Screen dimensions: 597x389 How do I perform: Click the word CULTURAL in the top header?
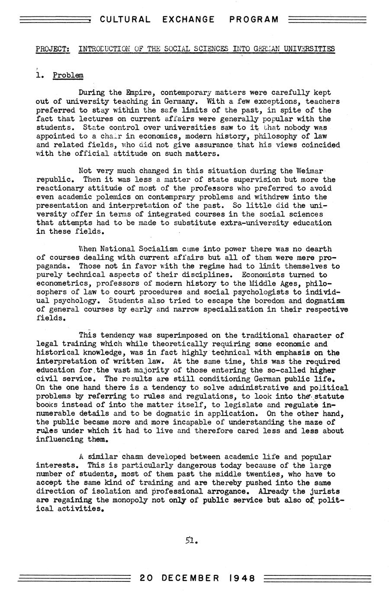click(125, 19)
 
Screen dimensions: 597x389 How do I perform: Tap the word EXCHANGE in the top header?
click(189, 19)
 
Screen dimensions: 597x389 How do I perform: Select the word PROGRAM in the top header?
click(254, 19)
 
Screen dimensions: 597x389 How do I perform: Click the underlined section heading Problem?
click(68, 75)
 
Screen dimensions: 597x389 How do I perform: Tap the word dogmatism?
click(326, 301)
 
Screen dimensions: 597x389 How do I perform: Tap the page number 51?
click(191, 540)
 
